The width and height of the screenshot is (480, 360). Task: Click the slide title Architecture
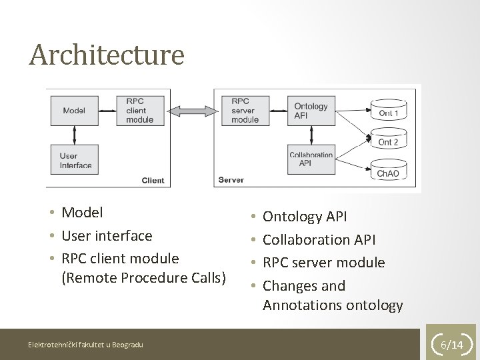pos(106,55)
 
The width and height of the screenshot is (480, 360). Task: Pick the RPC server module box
pos(247,111)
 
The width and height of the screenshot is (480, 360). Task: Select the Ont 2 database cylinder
pos(388,141)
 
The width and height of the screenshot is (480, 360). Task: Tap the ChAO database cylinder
pos(388,171)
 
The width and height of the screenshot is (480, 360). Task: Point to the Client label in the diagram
pos(153,180)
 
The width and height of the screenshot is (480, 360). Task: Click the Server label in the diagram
pos(231,180)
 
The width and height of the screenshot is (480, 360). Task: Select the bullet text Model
pos(82,213)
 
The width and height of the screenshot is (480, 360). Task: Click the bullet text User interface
pos(107,235)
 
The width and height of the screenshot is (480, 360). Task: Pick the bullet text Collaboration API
pos(319,239)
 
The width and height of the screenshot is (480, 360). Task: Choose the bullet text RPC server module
pos(324,263)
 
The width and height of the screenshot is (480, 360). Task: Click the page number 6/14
pos(455,345)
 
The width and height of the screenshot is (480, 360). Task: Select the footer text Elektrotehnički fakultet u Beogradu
pos(85,344)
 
